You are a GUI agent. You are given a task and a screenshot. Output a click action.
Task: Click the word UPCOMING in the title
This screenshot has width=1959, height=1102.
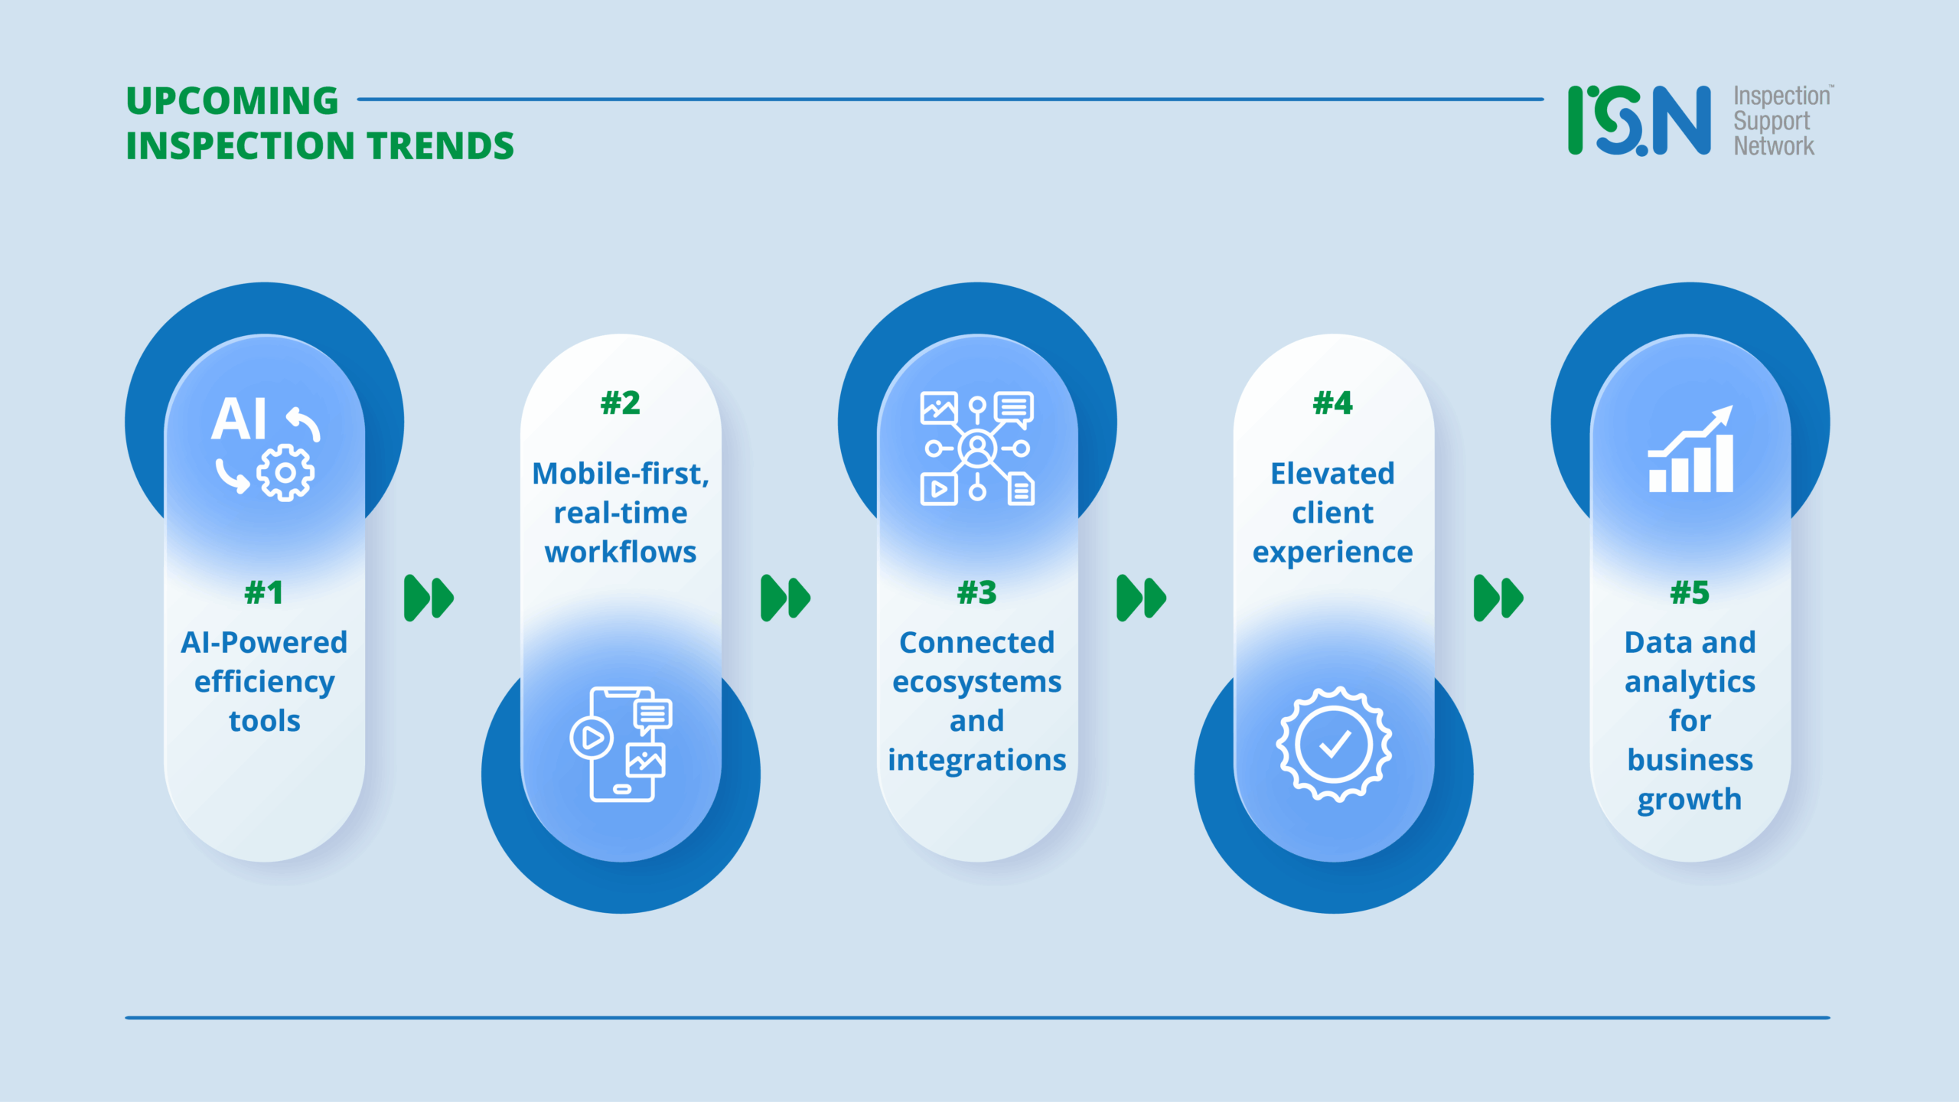pyautogui.click(x=232, y=101)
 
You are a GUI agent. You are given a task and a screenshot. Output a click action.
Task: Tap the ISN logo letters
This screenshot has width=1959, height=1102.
pyautogui.click(x=1638, y=121)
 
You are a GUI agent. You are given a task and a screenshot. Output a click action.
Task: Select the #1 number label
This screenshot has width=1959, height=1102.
pyautogui.click(x=264, y=592)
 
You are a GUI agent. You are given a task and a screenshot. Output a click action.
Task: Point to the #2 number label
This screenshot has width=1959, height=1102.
pyautogui.click(x=620, y=403)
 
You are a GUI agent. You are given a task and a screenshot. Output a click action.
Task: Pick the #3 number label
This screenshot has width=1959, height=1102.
pyautogui.click(x=976, y=592)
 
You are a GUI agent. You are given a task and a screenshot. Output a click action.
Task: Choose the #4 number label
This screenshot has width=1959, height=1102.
pyautogui.click(x=1332, y=403)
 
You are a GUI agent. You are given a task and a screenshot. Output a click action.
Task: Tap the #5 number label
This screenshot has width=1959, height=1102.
pyautogui.click(x=1689, y=592)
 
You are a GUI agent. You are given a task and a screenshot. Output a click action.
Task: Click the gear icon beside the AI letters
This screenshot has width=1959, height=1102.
pyautogui.click(x=285, y=473)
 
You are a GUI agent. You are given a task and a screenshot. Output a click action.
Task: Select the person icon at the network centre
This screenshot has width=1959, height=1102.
pyautogui.click(x=977, y=448)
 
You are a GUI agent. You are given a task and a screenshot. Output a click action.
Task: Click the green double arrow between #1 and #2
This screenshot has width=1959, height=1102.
pyautogui.click(x=429, y=598)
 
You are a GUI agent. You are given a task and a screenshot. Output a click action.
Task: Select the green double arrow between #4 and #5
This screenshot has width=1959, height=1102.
pyautogui.click(x=1498, y=598)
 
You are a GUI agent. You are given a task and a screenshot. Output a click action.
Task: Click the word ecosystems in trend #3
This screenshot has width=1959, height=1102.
pyautogui.click(x=976, y=682)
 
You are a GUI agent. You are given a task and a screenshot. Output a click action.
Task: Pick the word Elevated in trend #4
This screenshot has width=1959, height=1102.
pyautogui.click(x=1332, y=474)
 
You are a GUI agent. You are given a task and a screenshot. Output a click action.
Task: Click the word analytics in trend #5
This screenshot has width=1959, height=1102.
pyautogui.click(x=1690, y=682)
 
